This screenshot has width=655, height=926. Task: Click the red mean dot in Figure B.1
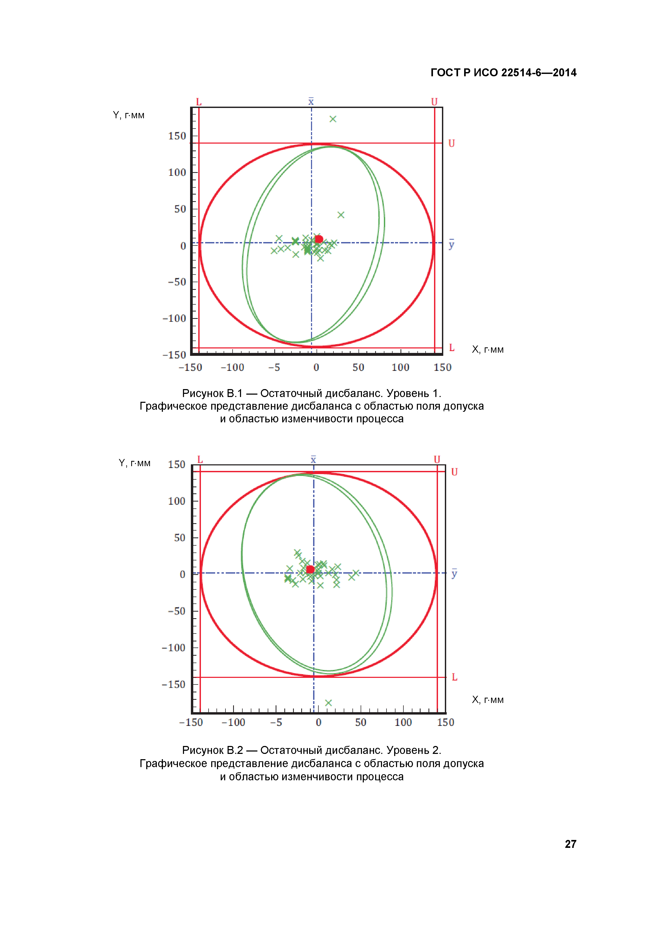[x=319, y=239]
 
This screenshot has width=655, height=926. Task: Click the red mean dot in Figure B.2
[x=310, y=569]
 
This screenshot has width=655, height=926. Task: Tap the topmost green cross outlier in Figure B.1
[x=333, y=119]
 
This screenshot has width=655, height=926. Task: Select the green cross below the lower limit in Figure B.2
[x=328, y=703]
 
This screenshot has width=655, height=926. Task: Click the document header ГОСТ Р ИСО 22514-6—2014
[x=503, y=73]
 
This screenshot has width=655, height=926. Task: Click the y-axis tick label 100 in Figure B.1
[x=177, y=173]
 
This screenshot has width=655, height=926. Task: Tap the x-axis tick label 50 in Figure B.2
[x=361, y=722]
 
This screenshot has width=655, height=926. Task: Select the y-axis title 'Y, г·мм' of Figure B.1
[x=129, y=115]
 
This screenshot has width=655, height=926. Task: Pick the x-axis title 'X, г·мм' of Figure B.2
[x=488, y=700]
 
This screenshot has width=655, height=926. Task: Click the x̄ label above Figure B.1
[x=311, y=101]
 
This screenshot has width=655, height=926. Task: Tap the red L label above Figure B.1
[x=199, y=102]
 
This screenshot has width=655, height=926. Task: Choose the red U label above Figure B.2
[x=437, y=459]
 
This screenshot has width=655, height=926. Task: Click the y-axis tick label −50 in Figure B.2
[x=177, y=611]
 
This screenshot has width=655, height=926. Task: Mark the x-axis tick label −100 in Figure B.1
[x=233, y=367]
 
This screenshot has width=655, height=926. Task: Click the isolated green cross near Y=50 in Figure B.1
[x=341, y=215]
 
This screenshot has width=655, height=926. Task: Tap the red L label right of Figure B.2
[x=455, y=677]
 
